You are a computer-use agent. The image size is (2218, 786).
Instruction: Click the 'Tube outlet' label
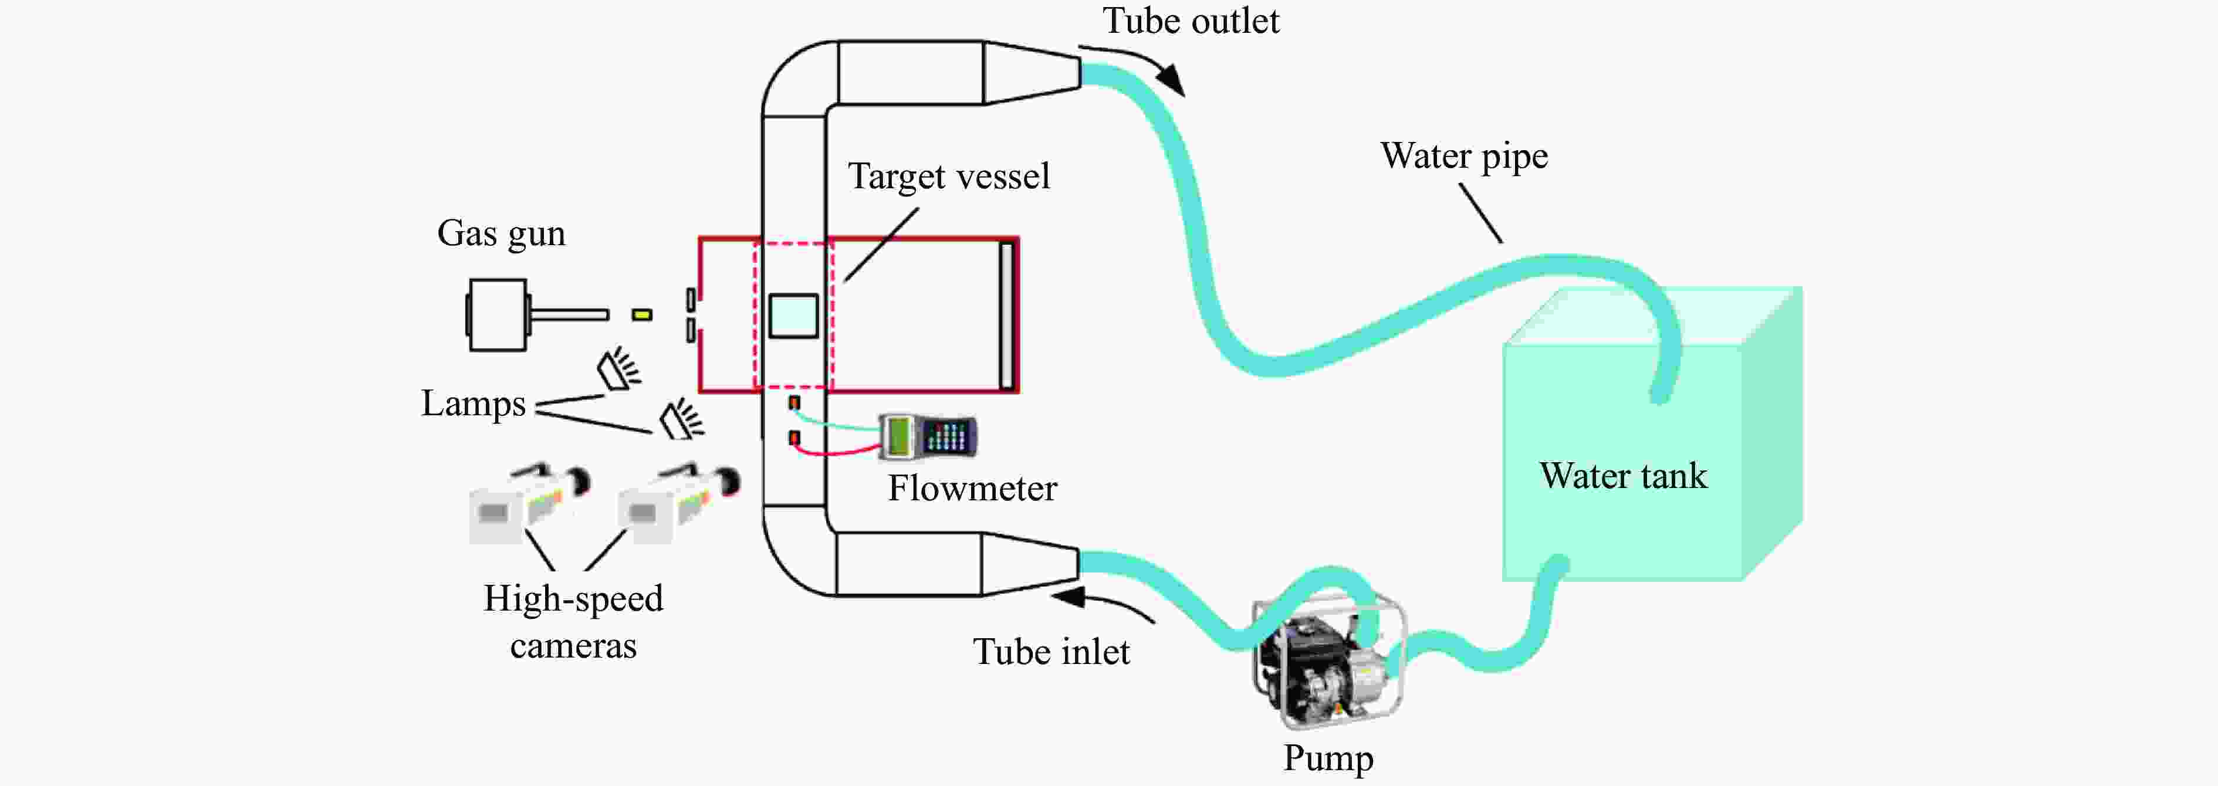pyautogui.click(x=1191, y=22)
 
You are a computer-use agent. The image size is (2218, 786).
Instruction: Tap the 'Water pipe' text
pyautogui.click(x=1464, y=157)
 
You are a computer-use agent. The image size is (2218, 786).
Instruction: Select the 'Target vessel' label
pyautogui.click(x=948, y=177)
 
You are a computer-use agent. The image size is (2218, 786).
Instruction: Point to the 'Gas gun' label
pyautogui.click(x=501, y=233)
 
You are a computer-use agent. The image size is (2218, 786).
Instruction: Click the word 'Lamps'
pyautogui.click(x=473, y=404)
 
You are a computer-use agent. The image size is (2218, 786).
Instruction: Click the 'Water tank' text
pyautogui.click(x=1623, y=476)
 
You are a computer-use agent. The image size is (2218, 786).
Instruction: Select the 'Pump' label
pyautogui.click(x=1328, y=758)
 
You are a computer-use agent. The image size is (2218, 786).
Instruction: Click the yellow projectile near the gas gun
pyautogui.click(x=641, y=315)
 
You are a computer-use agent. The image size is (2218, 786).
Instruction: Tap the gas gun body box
pyautogui.click(x=497, y=315)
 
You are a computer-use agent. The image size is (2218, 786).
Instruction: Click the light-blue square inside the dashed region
pyautogui.click(x=793, y=316)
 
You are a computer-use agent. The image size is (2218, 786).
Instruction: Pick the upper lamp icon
pyautogui.click(x=619, y=370)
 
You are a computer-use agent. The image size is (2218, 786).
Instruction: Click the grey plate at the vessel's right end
pyautogui.click(x=1006, y=316)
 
